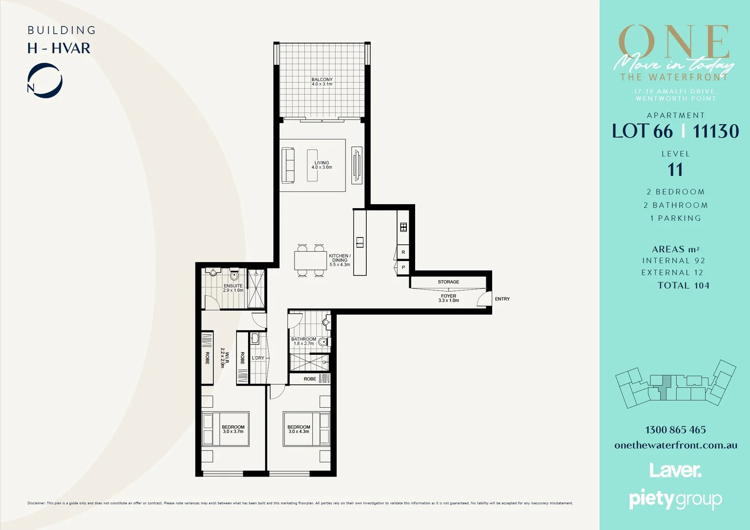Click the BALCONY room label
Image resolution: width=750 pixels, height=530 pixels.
tap(322, 81)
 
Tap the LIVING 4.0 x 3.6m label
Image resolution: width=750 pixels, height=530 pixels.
tap(322, 165)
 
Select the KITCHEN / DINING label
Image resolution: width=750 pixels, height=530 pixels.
tap(340, 260)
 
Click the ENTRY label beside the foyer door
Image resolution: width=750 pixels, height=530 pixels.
tap(502, 299)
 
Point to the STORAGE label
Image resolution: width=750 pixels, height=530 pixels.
tap(449, 282)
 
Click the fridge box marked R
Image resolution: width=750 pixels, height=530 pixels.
tap(403, 252)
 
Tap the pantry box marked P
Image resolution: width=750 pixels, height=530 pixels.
tap(403, 267)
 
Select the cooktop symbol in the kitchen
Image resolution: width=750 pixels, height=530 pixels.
tap(403, 227)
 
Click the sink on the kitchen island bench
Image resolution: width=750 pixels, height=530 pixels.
tap(360, 242)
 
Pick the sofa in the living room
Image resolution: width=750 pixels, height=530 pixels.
tap(288, 165)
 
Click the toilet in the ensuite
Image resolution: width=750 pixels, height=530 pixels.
tap(234, 275)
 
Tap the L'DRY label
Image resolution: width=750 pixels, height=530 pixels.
tap(258, 358)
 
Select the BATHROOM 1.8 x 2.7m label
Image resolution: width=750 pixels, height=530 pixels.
tap(303, 341)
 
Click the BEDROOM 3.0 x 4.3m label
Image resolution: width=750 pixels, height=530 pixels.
tap(299, 429)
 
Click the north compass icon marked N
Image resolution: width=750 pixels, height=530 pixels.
tap(44, 81)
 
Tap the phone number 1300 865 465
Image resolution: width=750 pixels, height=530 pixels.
tap(675, 430)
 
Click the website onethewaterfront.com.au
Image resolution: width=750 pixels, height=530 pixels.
tap(675, 446)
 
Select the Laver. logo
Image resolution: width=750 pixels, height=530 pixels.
tap(675, 470)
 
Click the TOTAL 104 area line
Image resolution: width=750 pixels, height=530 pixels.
tap(683, 286)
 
